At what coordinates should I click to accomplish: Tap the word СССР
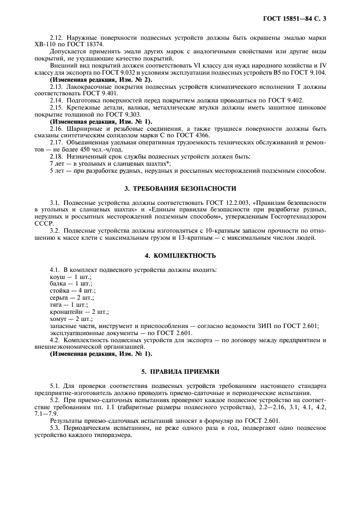(44, 223)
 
